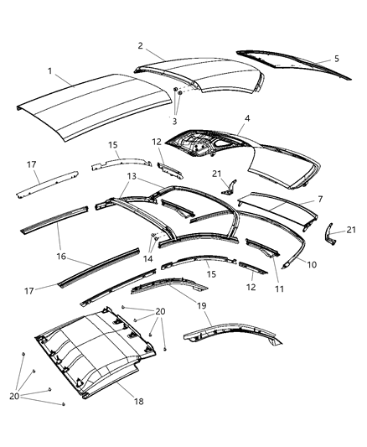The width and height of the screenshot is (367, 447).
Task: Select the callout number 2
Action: tap(141, 46)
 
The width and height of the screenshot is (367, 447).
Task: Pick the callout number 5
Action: tap(337, 60)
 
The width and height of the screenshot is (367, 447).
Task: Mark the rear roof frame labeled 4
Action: tap(251, 155)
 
